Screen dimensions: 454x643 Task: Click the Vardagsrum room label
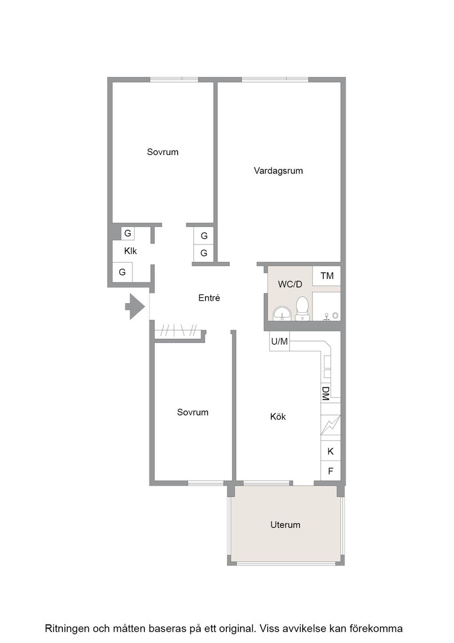278,171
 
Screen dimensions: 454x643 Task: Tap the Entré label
209,298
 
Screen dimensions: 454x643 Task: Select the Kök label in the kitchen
278,417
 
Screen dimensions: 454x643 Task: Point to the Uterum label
285,525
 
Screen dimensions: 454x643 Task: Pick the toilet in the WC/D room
302,308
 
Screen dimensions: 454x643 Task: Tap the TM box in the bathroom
327,276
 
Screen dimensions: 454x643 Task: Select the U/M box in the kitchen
279,341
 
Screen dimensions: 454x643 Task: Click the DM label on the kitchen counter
326,393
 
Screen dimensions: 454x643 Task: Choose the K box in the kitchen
330,451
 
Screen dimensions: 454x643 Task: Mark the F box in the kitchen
330,471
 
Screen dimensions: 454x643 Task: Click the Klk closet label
131,251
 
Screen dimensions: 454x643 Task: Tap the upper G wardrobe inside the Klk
128,233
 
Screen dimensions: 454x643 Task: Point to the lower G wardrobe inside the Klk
122,272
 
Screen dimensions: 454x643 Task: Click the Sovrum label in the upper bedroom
163,152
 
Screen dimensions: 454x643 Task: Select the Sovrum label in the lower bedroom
193,412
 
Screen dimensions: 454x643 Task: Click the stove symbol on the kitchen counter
330,425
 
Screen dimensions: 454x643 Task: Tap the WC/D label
290,284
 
